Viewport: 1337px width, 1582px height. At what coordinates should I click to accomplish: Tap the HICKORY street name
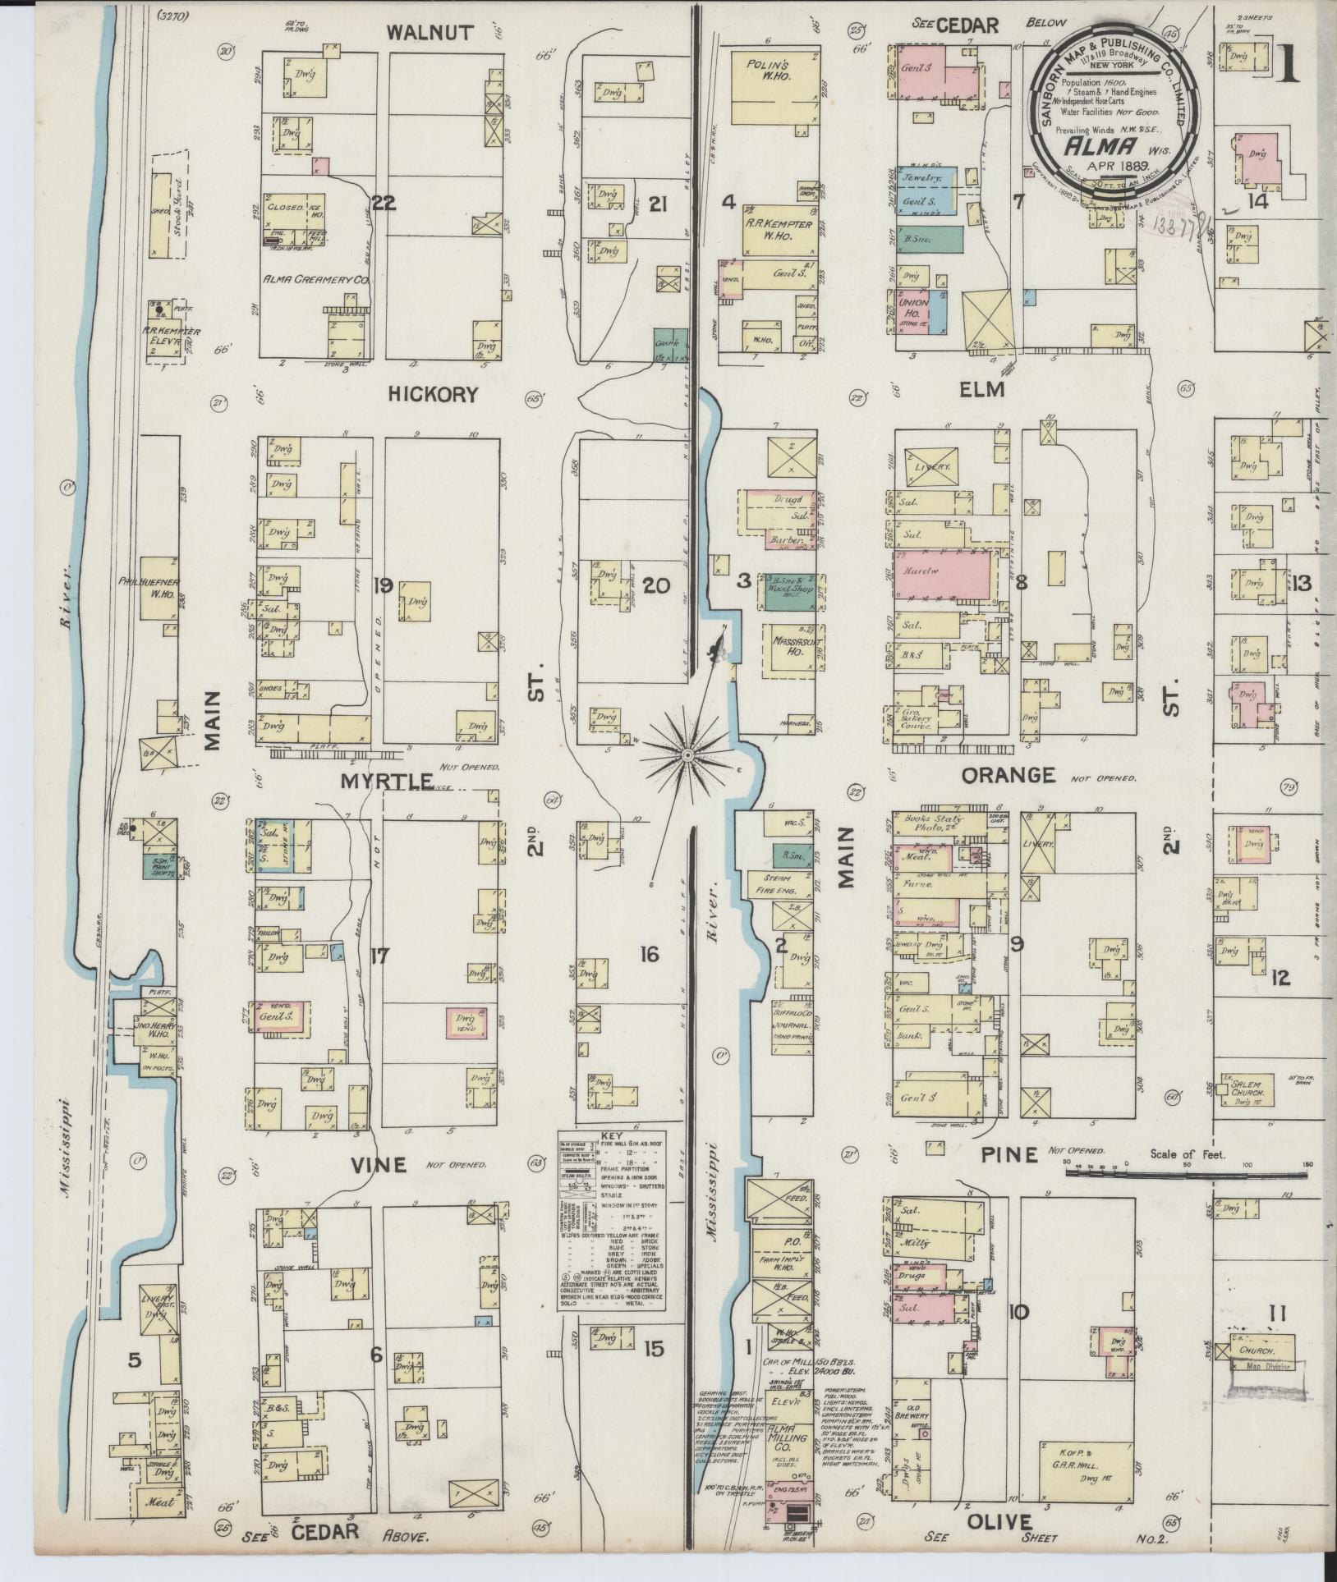click(433, 395)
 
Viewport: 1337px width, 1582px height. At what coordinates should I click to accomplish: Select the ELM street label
click(982, 390)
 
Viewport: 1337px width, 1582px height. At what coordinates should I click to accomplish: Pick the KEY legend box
click(612, 1225)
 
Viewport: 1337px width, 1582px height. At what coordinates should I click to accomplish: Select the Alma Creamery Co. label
click(314, 282)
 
